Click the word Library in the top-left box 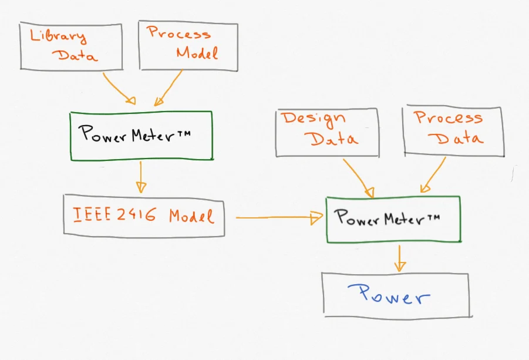click(x=58, y=36)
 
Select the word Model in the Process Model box click(x=197, y=53)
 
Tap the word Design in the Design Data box click(x=314, y=119)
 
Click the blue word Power click(x=389, y=295)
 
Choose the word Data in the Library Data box click(x=76, y=56)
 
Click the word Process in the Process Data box click(x=449, y=117)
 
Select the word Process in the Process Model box click(x=178, y=33)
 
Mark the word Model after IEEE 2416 click(x=191, y=216)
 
